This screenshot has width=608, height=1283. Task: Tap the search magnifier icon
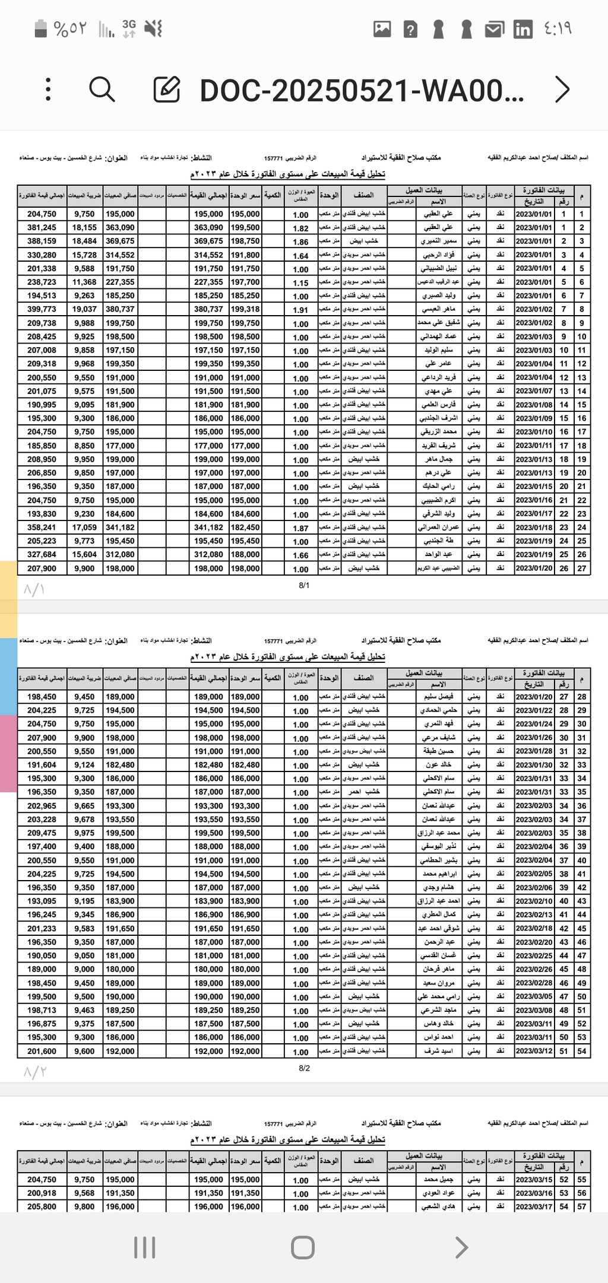tap(102, 90)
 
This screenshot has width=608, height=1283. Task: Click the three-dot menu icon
tap(49, 90)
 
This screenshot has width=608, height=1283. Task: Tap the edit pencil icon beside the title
tap(167, 90)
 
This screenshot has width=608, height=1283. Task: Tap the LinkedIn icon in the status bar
tap(522, 29)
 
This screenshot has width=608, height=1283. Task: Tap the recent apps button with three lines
tap(145, 1247)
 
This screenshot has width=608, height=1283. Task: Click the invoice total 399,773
tap(42, 309)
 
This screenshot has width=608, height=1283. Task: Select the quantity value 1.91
tap(300, 310)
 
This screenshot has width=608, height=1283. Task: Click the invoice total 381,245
tap(42, 227)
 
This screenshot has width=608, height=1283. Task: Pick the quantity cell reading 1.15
tap(300, 283)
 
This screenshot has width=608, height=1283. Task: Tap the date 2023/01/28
tap(534, 751)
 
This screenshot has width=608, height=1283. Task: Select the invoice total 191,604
tap(42, 765)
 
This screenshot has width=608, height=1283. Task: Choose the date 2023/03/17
tap(534, 1206)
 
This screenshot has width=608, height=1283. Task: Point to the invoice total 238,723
tap(42, 282)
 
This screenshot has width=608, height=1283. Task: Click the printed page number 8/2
tap(304, 1068)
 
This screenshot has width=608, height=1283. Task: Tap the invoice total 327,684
tap(42, 554)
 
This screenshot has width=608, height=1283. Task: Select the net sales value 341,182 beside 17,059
tap(120, 527)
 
